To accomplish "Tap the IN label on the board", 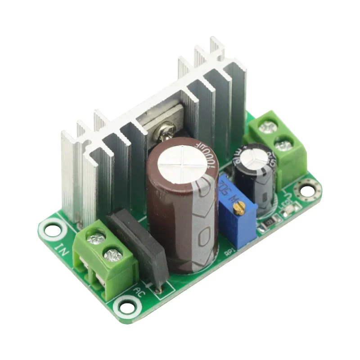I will pos(62,249).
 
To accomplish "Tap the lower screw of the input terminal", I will pos(112,256).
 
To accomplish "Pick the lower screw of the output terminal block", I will pos(283,145).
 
